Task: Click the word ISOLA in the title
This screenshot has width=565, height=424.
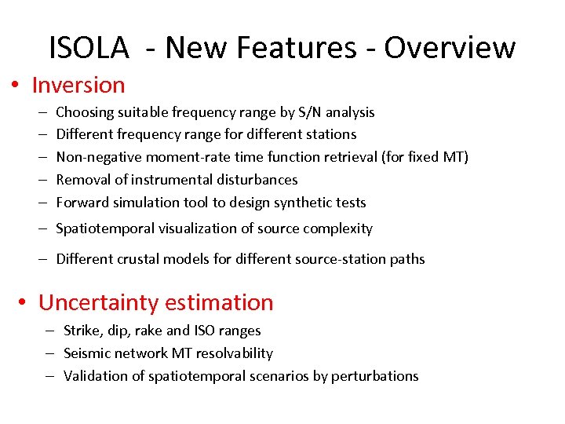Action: pos(89,48)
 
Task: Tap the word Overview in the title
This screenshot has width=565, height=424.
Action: pos(450,48)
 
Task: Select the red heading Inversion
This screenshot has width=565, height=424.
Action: pos(78,85)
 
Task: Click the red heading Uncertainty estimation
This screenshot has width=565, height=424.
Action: pos(156,302)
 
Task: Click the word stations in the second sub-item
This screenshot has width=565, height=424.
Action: pos(330,134)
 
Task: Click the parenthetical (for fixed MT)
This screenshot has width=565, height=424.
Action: pos(425,157)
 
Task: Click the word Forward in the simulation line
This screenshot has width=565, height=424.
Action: pos(82,202)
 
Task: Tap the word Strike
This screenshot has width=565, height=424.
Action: pos(83,331)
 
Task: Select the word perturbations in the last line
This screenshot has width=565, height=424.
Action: pos(374,375)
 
